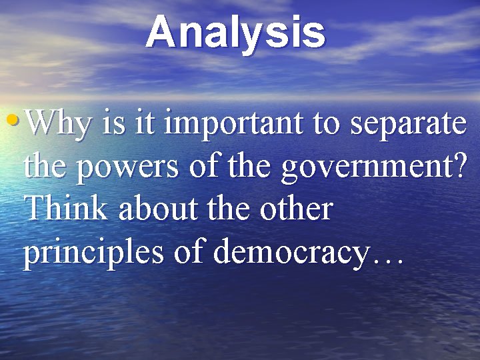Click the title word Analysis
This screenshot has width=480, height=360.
click(x=236, y=33)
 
